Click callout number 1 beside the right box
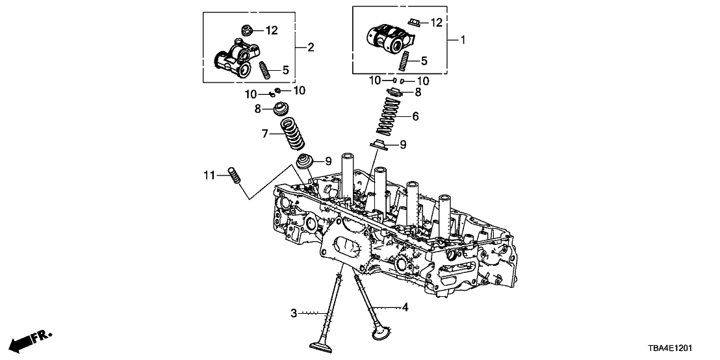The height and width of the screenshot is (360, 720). coord(463,40)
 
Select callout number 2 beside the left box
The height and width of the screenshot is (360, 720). coord(311,47)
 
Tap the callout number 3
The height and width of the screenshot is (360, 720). coord(294,314)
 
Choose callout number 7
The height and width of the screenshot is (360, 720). coord(265,135)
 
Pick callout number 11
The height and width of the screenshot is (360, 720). coord(209,175)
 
